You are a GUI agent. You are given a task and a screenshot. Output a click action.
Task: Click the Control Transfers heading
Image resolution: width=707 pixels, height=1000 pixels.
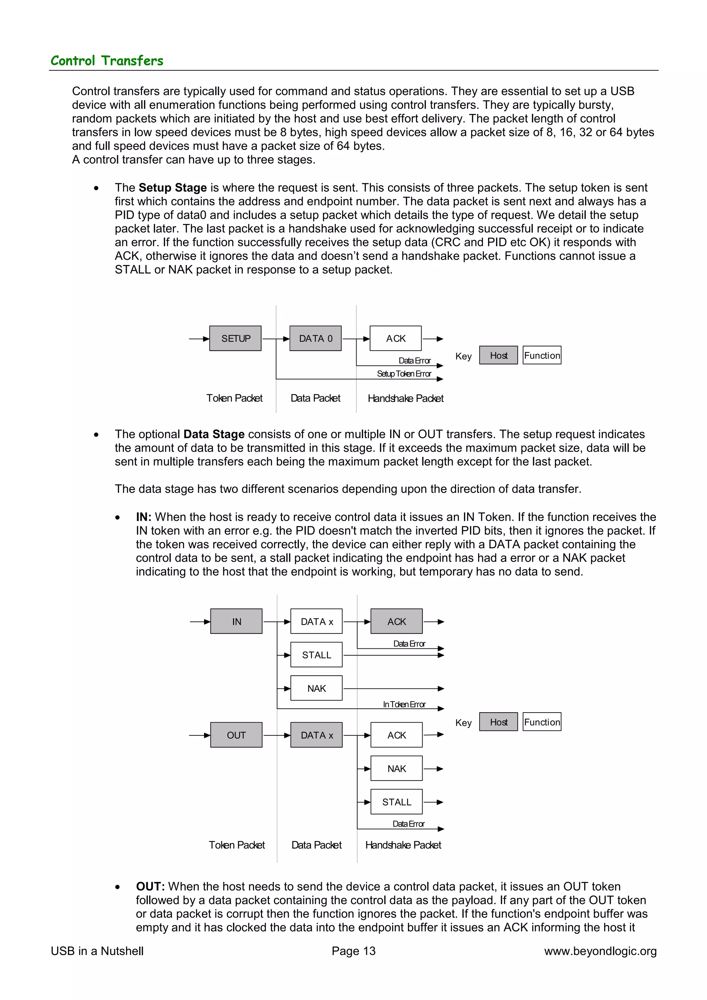[107, 60]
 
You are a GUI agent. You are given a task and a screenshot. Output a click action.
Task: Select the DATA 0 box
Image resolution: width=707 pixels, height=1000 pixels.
[316, 339]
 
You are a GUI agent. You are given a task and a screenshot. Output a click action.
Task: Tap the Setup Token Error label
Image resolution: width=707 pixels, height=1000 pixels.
[404, 374]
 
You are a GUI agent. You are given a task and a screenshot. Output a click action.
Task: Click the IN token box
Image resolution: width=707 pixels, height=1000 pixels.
[236, 621]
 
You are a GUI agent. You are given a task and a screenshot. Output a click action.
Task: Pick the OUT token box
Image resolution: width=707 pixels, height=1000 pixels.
[236, 735]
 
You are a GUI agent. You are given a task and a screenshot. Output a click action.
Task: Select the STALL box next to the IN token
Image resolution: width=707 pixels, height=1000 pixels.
[316, 655]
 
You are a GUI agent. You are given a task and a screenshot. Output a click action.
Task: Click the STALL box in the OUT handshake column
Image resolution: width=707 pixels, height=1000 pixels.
[396, 802]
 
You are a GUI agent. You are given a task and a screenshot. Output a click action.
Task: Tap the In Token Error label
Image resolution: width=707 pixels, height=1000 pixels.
[404, 704]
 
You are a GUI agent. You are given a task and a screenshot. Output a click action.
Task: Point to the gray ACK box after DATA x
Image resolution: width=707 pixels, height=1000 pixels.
[396, 621]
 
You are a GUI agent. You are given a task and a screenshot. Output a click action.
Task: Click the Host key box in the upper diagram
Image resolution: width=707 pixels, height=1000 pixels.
[498, 355]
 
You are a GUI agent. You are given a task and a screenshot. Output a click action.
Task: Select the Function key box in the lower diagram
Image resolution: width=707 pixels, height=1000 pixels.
[542, 722]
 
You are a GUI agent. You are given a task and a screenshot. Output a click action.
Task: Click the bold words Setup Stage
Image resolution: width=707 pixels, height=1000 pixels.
[173, 188]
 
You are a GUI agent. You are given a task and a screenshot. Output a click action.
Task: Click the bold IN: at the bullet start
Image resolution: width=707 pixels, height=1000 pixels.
[143, 517]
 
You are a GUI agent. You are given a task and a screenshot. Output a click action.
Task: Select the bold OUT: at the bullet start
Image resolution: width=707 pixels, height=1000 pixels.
[150, 886]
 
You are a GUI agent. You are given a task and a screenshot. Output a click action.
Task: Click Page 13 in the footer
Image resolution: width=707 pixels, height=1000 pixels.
[353, 951]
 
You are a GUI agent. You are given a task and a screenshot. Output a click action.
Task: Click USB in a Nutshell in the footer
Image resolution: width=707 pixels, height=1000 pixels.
[97, 951]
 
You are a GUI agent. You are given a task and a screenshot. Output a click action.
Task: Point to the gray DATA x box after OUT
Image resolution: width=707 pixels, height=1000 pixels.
[316, 735]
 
